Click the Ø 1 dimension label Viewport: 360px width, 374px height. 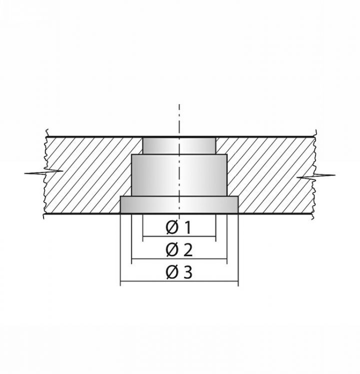pos(178,227)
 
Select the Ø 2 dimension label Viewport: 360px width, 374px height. pos(179,250)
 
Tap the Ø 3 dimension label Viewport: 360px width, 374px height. pos(179,272)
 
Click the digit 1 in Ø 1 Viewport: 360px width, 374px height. pos(188,227)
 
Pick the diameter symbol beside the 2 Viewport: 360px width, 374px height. pos(172,250)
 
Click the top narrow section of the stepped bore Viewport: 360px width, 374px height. pos(179,146)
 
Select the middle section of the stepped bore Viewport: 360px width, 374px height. pos(179,176)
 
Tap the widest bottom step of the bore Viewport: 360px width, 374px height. pos(179,204)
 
